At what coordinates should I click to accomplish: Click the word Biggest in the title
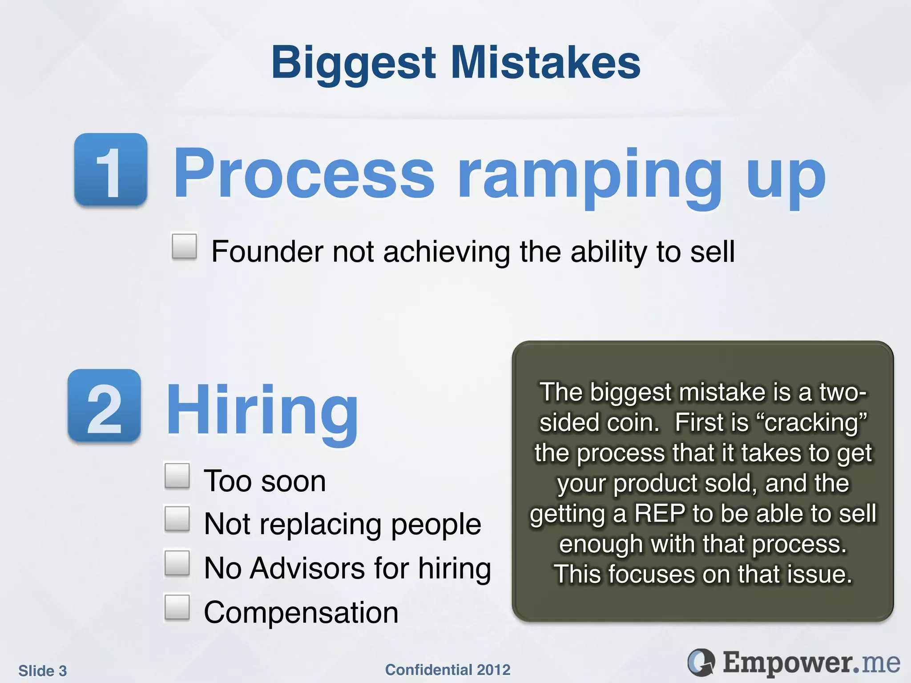tap(354, 63)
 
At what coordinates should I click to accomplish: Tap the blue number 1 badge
tap(111, 170)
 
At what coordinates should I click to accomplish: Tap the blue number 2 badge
tap(105, 406)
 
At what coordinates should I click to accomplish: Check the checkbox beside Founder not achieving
tap(185, 246)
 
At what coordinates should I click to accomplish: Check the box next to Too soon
tap(177, 476)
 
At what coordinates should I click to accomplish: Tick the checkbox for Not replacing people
tap(177, 518)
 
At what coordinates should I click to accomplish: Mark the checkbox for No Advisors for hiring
tap(177, 563)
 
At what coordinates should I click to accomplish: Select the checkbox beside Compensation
tap(177, 607)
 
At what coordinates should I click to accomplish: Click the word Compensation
tap(301, 613)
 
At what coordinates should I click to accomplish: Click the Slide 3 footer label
tap(43, 671)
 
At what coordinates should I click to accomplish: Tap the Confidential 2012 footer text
tap(447, 670)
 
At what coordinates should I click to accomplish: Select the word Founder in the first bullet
tap(267, 252)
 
